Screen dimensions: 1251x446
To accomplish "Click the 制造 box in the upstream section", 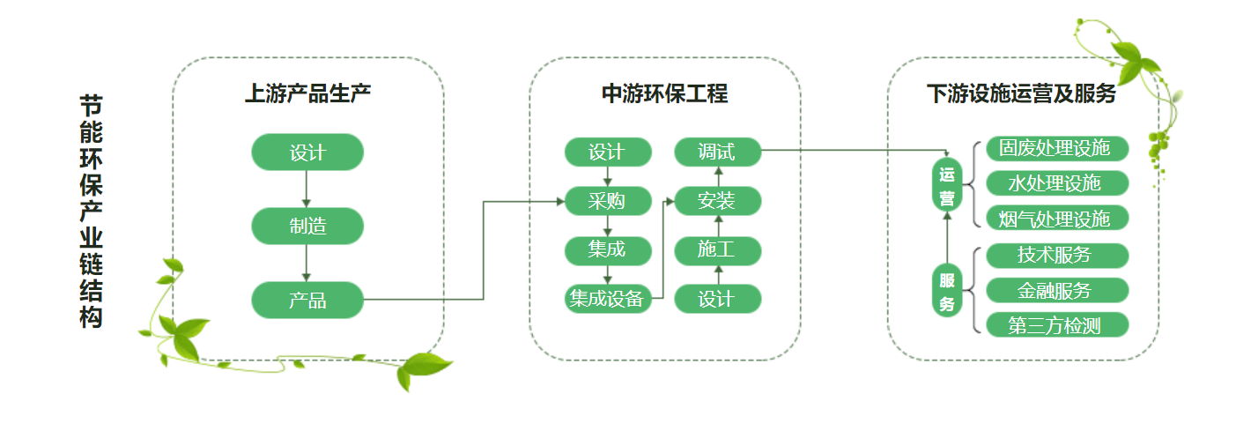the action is [307, 226].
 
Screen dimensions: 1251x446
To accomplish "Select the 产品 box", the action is [307, 301].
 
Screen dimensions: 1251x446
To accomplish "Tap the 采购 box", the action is [608, 201].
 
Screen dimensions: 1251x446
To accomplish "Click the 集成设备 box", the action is [608, 299].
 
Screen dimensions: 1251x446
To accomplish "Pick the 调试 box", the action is [718, 152].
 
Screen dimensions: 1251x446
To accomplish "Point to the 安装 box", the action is [718, 201].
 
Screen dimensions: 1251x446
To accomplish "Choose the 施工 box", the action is [718, 250].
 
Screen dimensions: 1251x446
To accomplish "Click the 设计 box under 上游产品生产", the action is [307, 152].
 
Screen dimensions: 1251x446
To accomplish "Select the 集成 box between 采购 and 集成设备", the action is [608, 250].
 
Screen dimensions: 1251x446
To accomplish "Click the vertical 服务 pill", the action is [947, 291].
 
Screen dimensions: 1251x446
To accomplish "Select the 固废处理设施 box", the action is [1057, 148].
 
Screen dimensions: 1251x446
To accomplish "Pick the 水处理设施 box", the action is [1057, 183].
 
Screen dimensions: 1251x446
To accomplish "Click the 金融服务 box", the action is [1057, 291].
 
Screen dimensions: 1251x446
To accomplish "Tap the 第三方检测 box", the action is [1057, 325].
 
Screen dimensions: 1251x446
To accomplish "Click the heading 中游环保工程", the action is [664, 93].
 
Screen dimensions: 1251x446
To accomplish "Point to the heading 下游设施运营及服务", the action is [1021, 93].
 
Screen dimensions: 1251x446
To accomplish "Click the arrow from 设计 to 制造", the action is [306, 189].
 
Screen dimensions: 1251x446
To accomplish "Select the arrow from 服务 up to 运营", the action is [947, 238].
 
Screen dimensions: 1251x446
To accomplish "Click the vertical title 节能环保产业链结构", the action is [91, 212].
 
